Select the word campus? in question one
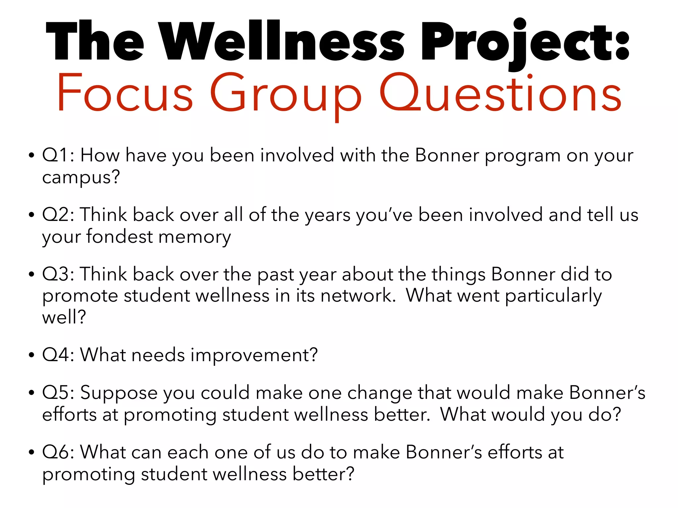click(x=81, y=178)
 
